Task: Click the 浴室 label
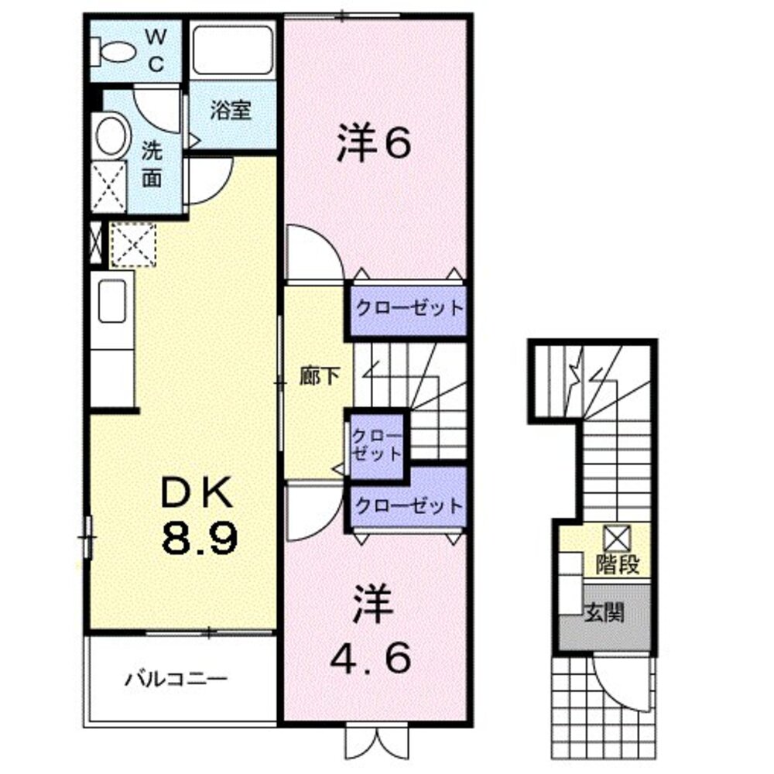(231, 111)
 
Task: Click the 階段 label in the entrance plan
(618, 564)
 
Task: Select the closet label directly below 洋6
(409, 308)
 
